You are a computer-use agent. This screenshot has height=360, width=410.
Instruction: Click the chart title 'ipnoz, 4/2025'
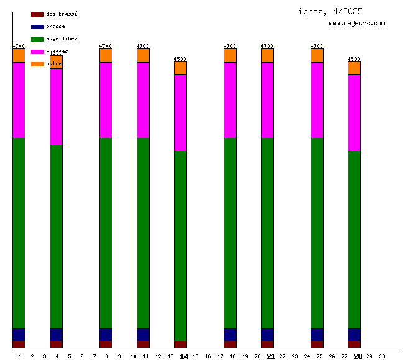pyautogui.click(x=330, y=11)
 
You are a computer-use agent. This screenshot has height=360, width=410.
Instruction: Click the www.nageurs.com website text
pyautogui.click(x=356, y=24)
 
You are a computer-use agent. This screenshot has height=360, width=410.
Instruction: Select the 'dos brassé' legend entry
pyautogui.click(x=61, y=14)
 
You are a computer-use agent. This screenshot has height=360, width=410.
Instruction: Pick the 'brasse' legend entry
pyautogui.click(x=55, y=27)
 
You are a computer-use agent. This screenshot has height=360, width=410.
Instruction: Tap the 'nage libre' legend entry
pyautogui.click(x=61, y=39)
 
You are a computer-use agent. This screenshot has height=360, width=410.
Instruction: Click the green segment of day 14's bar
pyautogui.click(x=180, y=245)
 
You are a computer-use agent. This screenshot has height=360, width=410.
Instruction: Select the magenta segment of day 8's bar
pyautogui.click(x=106, y=100)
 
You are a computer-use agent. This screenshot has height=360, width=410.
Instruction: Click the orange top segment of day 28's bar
pyautogui.click(x=354, y=68)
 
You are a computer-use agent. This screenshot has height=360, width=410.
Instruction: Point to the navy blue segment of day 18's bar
pyautogui.click(x=230, y=335)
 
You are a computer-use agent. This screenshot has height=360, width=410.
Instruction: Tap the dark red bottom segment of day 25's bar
pyautogui.click(x=317, y=344)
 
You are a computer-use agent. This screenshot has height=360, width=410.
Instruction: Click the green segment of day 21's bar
pyautogui.click(x=267, y=233)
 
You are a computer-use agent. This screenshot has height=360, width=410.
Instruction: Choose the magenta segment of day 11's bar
pyautogui.click(x=143, y=100)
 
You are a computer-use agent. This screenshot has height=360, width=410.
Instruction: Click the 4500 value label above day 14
pyautogui.click(x=180, y=59)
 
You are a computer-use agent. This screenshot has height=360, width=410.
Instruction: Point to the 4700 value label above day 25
pyautogui.click(x=317, y=46)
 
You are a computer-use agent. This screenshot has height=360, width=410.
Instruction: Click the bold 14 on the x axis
pyautogui.click(x=184, y=356)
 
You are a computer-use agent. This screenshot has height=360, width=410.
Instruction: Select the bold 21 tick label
pyautogui.click(x=271, y=356)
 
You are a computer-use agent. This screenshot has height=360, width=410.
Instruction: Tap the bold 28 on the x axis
pyautogui.click(x=358, y=356)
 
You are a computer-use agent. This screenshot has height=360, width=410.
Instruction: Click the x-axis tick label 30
pyautogui.click(x=381, y=356)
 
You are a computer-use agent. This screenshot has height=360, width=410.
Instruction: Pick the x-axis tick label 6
pyautogui.click(x=82, y=356)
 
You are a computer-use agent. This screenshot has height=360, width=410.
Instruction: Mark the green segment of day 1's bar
pyautogui.click(x=19, y=233)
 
